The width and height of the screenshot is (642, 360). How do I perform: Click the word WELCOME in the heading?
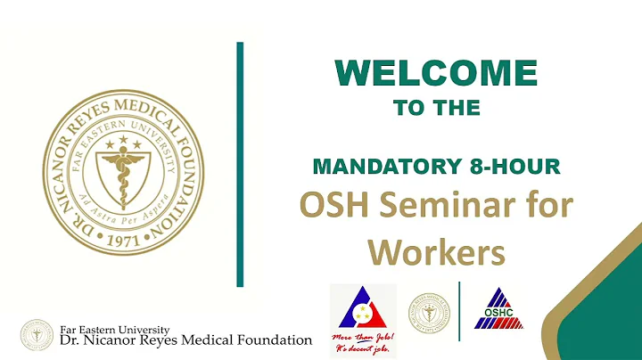[437, 74]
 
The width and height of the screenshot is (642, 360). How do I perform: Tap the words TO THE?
[436, 108]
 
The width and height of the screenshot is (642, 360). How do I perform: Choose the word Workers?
[437, 253]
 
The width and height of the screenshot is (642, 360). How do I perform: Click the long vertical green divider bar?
[240, 164]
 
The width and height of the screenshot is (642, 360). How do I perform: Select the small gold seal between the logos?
[429, 314]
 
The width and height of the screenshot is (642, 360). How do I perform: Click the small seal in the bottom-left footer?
[37, 334]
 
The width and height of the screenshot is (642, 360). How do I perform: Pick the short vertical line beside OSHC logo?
[459, 311]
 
